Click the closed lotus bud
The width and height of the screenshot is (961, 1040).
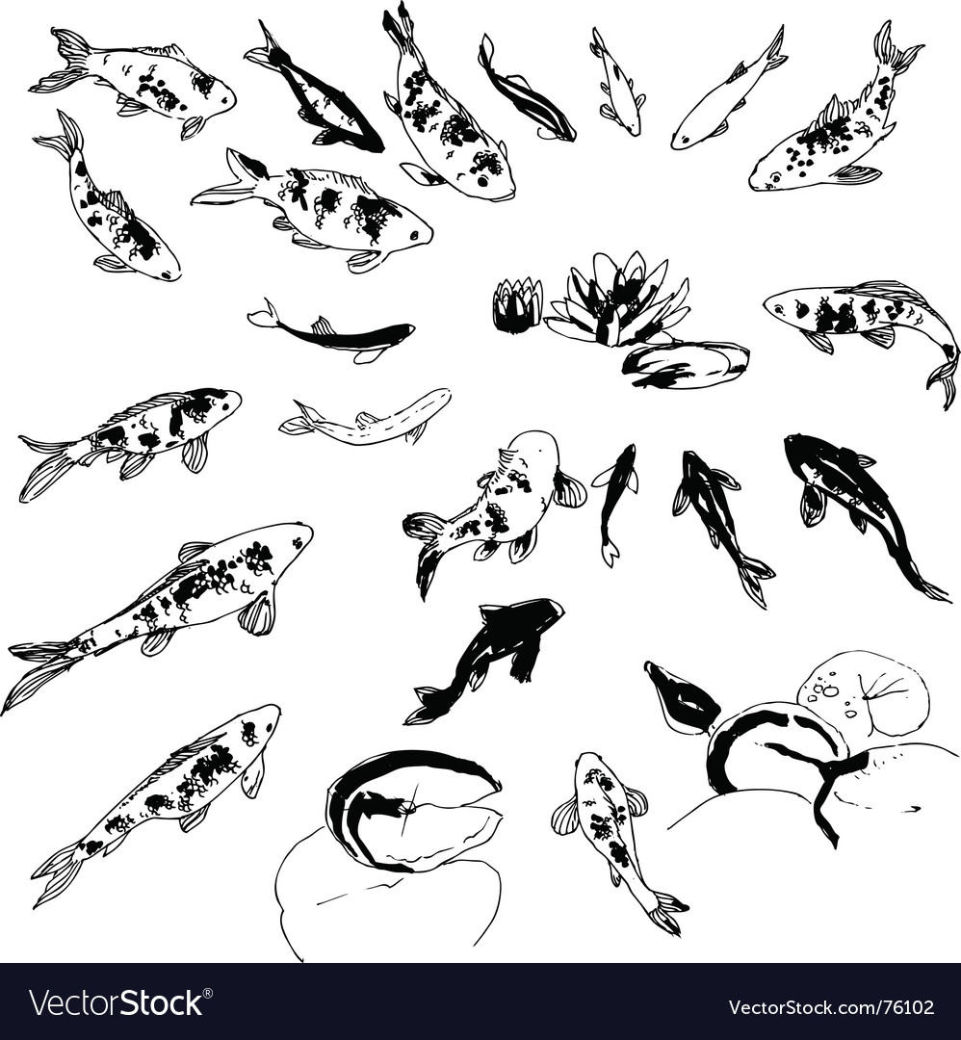[517, 305]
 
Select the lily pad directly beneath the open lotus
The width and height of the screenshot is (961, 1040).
[686, 365]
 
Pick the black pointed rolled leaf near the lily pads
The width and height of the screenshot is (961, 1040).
[680, 697]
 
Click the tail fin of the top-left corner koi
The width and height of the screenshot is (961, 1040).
[63, 61]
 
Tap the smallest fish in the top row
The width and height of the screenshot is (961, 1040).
[617, 82]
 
